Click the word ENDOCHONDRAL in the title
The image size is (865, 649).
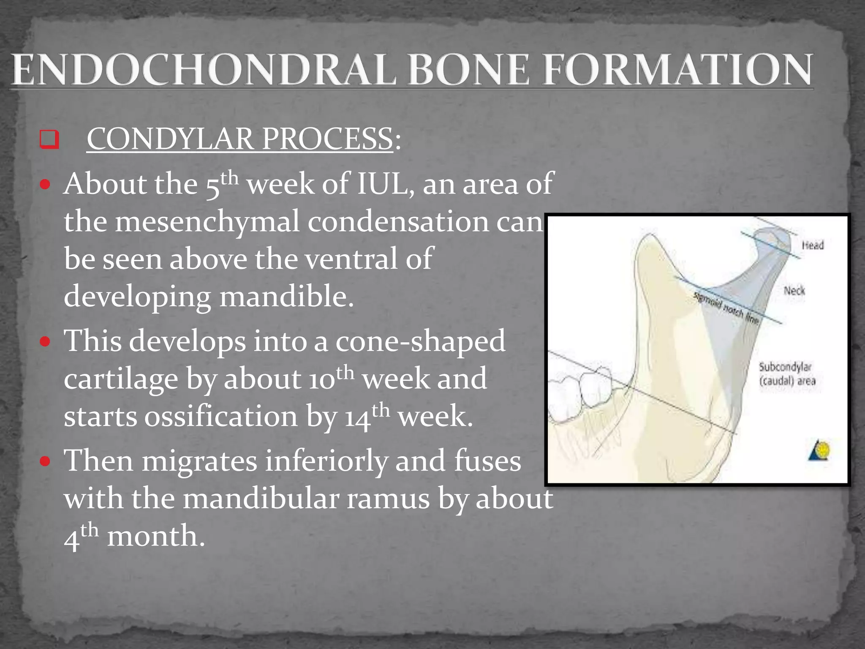[203, 70]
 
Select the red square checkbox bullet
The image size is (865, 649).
[49, 139]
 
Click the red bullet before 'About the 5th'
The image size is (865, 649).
[45, 185]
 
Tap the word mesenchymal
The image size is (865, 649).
[207, 222]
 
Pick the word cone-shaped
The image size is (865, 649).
[420, 341]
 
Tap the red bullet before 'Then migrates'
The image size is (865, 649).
[45, 461]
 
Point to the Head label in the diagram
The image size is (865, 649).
[812, 245]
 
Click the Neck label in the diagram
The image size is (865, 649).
[794, 291]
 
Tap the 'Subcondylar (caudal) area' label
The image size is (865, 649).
[787, 374]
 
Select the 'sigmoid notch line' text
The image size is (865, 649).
[726, 308]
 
